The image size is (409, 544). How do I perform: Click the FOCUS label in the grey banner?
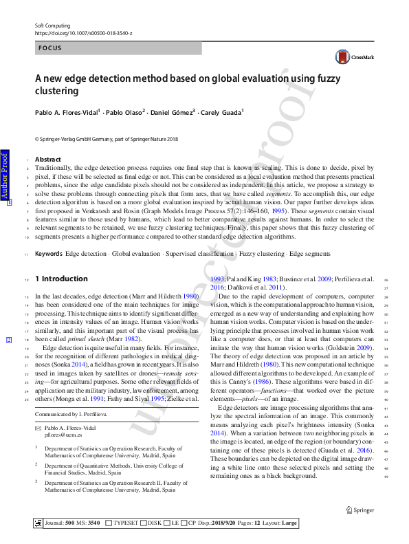(50, 49)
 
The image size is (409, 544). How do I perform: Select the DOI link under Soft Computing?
(83, 32)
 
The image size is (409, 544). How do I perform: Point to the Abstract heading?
(47, 160)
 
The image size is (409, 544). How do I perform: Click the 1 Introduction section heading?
(61, 279)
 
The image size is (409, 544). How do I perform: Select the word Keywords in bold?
(49, 254)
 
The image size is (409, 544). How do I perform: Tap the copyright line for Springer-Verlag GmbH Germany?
(106, 138)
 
